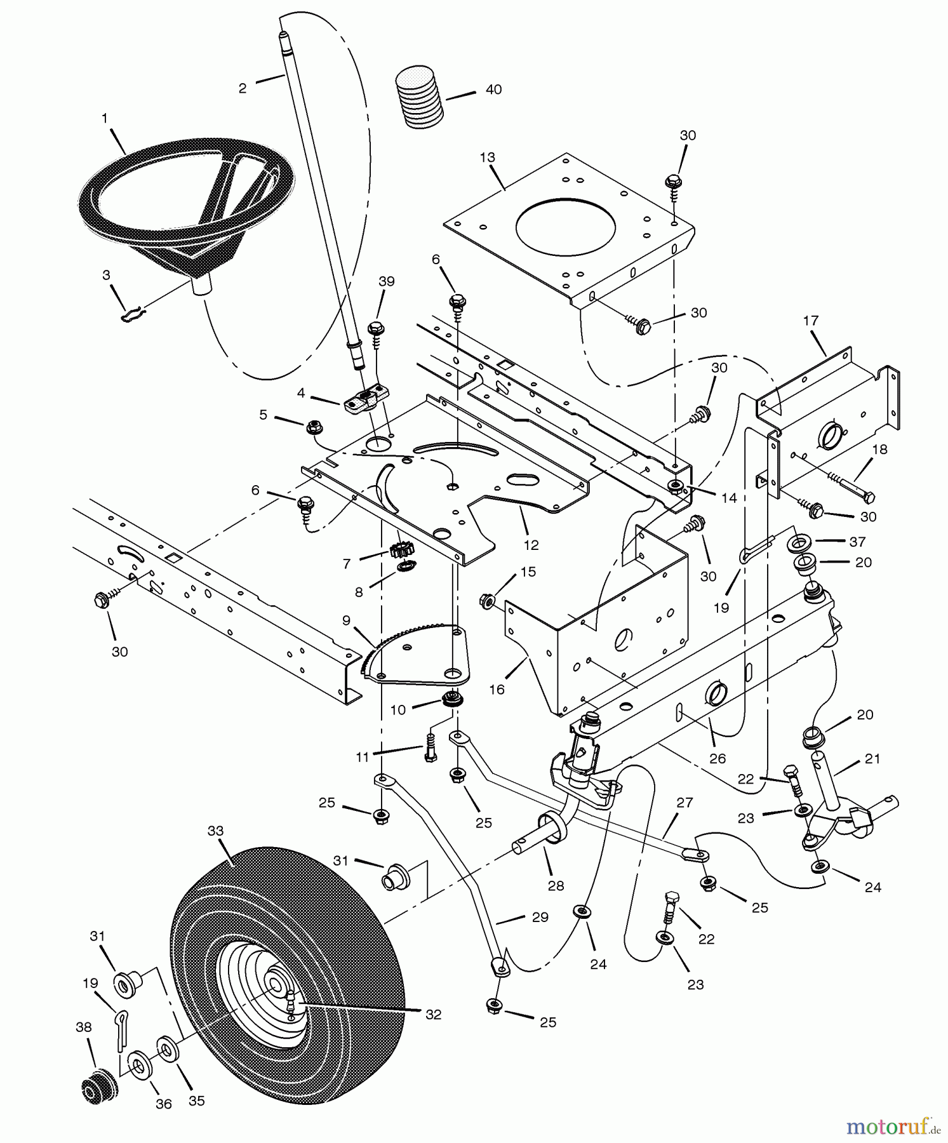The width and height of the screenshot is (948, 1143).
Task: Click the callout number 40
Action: [493, 90]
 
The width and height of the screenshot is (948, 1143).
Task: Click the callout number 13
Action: [487, 157]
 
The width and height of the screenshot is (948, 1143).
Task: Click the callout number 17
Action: [811, 321]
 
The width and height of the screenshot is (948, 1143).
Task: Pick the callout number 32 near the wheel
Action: [433, 1015]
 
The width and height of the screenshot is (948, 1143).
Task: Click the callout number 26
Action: [717, 758]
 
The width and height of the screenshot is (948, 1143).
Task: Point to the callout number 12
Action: [531, 545]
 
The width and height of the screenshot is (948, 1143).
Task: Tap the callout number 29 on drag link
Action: [540, 918]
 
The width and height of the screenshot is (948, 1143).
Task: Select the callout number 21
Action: [872, 758]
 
